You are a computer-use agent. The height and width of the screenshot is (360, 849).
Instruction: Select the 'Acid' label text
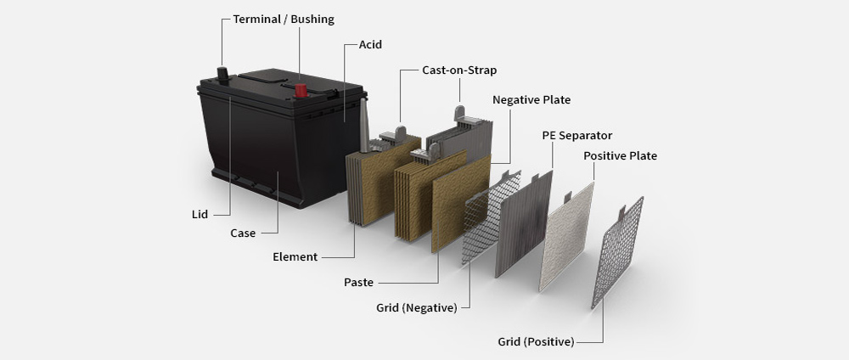point(369,44)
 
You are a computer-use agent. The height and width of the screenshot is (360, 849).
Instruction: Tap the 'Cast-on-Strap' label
point(459,70)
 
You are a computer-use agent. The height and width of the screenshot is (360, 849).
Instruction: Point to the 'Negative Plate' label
point(531,100)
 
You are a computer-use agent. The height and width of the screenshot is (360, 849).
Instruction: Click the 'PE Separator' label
point(577,136)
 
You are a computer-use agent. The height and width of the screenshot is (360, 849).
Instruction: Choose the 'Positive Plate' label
point(620,156)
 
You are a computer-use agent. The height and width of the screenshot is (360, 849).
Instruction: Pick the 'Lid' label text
point(200,215)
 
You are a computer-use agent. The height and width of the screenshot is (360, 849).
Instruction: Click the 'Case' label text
point(244,233)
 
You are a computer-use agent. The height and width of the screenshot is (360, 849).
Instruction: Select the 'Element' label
point(295,256)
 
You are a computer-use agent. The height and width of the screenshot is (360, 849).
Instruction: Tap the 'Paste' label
point(358,282)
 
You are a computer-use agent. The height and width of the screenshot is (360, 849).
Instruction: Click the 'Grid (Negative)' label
point(417,307)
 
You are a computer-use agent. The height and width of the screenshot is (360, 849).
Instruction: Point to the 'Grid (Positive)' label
point(536,342)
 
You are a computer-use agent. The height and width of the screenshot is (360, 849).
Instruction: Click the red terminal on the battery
point(301,89)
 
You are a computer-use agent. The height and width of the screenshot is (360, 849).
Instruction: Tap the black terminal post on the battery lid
point(223,75)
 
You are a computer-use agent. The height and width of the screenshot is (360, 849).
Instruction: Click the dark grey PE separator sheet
point(523,225)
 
